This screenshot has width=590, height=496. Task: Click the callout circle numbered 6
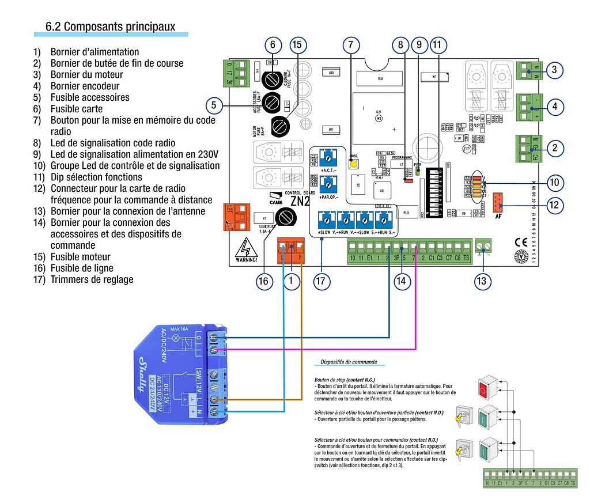pyautogui.click(x=273, y=45)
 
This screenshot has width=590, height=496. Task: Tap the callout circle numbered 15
pyautogui.click(x=297, y=45)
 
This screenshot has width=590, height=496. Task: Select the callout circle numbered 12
pyautogui.click(x=554, y=205)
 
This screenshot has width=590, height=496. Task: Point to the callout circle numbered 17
pyautogui.click(x=321, y=281)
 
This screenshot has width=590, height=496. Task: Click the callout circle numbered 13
pyautogui.click(x=482, y=281)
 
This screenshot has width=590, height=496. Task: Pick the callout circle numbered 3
pyautogui.click(x=554, y=71)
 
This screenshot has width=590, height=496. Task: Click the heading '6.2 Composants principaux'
pyautogui.click(x=110, y=26)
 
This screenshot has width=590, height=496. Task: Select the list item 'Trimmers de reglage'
pyautogui.click(x=92, y=279)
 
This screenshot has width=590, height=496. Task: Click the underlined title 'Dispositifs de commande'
pyautogui.click(x=349, y=362)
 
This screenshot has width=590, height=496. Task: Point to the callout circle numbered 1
pyautogui.click(x=292, y=281)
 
